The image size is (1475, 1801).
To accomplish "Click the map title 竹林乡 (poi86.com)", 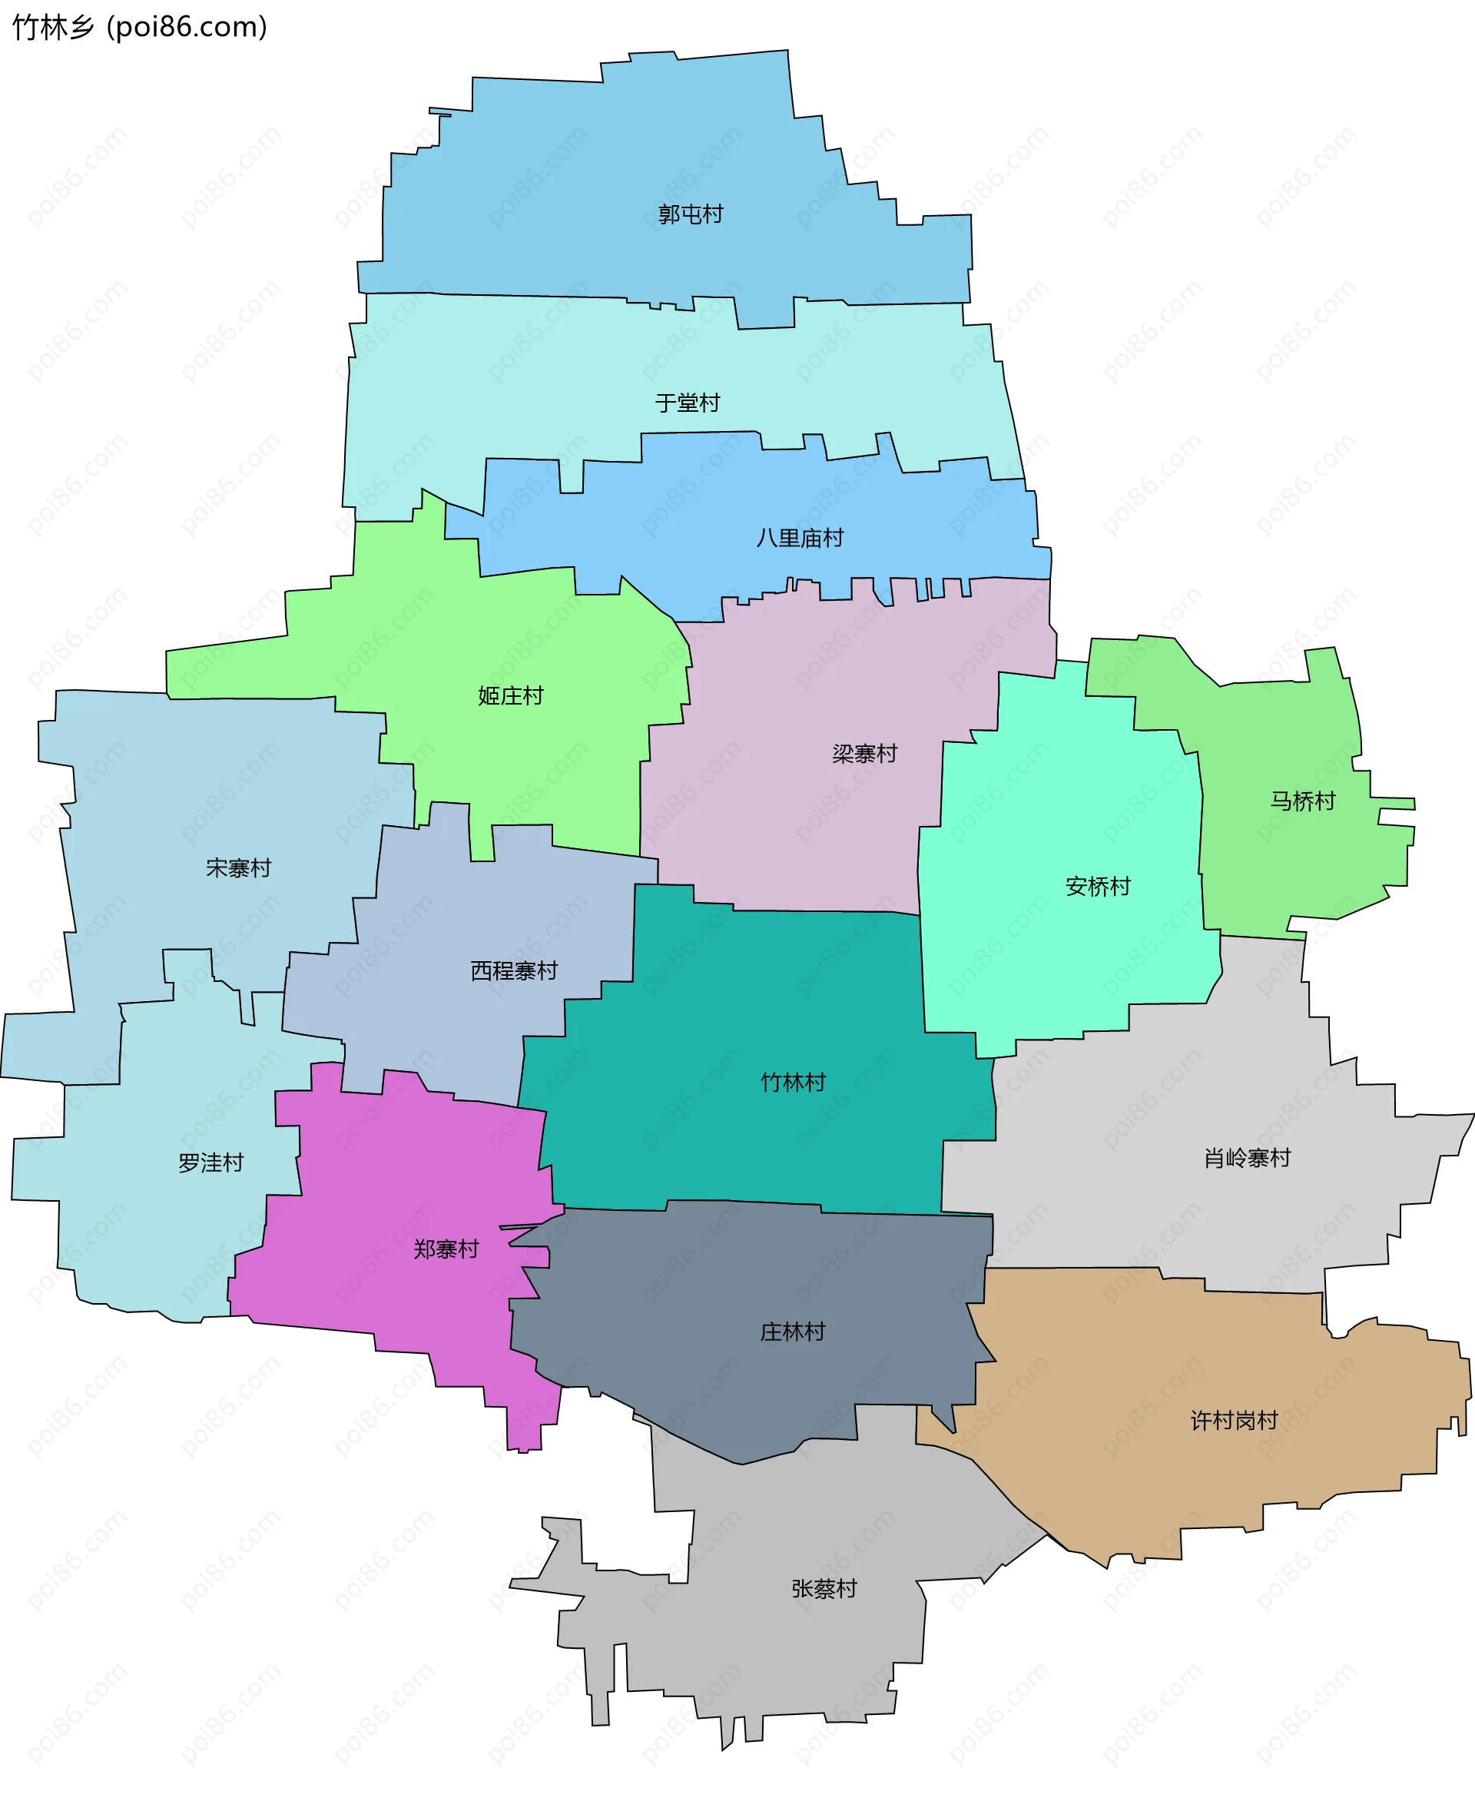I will pos(140,27).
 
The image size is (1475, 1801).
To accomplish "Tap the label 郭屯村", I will pos(690,214).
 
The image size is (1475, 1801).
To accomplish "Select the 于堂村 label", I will pos(687,402).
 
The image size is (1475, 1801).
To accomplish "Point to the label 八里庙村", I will pos(800,538).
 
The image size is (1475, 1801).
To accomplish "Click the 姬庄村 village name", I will pos(510,695).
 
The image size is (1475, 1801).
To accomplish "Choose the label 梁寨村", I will pos(864,753).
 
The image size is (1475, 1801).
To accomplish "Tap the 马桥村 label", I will pos(1301,801).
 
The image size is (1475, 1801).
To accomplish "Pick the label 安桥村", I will pos(1098,887).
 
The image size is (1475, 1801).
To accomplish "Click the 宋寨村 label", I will pos(238,867).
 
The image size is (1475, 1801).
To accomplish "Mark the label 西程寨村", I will pos(513,970).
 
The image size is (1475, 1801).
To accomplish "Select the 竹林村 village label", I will pos(793,1082).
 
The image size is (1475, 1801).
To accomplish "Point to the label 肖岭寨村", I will pos(1246,1158).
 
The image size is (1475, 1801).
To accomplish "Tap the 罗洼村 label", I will pos(210,1162).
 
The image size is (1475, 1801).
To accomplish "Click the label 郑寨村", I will pos(446,1249).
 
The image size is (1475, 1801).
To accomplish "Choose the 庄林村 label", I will pos(792,1332).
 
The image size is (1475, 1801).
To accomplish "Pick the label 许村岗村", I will pos(1233,1420).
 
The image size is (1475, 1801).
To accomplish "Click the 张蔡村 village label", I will pos(824,1588).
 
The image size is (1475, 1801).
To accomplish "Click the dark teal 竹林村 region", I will pos(764,1003).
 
